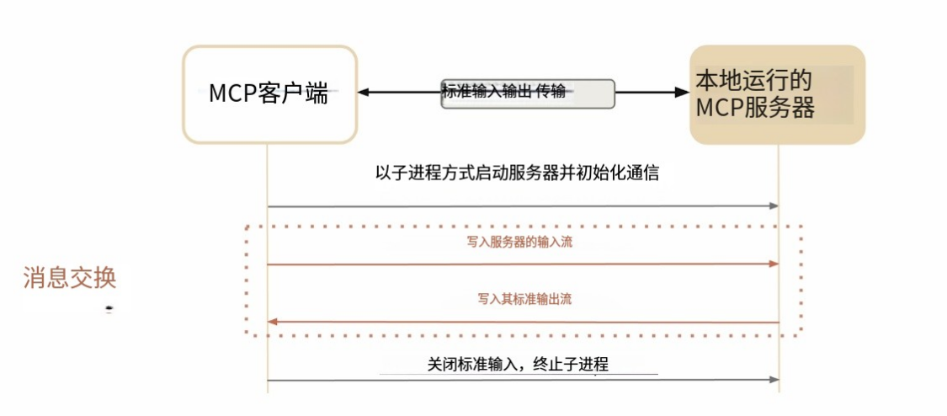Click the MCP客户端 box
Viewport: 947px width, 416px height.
tap(269, 93)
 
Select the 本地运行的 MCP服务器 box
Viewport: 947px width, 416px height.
tap(777, 94)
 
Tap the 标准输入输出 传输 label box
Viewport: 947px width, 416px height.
tap(528, 93)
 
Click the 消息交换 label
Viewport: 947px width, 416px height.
tap(69, 278)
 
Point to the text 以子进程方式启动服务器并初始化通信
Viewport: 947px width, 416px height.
tap(516, 174)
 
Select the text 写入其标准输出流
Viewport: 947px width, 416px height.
tap(524, 299)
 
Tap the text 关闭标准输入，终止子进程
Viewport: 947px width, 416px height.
tap(517, 364)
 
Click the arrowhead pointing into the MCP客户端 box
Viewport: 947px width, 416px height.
tap(364, 92)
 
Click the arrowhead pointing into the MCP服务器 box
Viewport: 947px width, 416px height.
tap(683, 92)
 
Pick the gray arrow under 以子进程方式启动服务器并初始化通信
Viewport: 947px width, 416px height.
tap(522, 205)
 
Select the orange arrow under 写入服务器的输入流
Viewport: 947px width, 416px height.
tap(522, 264)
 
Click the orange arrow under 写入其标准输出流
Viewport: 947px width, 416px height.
tap(522, 322)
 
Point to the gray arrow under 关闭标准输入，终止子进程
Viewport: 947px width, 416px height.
tap(522, 380)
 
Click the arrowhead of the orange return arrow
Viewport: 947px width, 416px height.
tap(273, 322)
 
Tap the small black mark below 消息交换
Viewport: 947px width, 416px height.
tap(109, 310)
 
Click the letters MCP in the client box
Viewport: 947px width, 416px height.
tap(233, 93)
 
